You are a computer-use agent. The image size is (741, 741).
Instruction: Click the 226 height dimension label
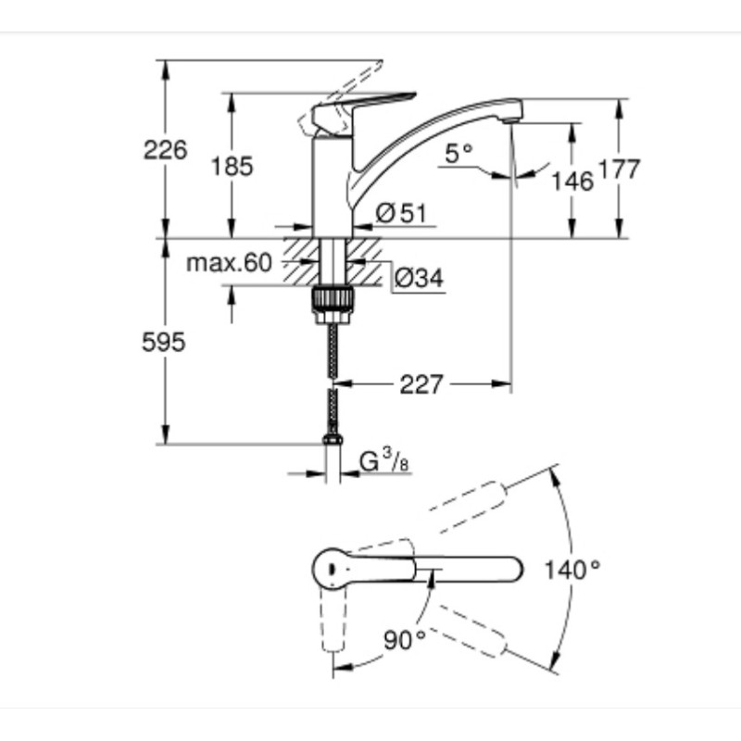pyautogui.click(x=165, y=149)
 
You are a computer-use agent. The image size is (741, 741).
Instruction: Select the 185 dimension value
pyautogui.click(x=232, y=167)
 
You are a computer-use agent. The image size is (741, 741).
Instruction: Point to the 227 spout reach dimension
pyautogui.click(x=421, y=383)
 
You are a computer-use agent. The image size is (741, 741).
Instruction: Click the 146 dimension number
pyautogui.click(x=572, y=181)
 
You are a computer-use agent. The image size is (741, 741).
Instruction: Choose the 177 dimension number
pyautogui.click(x=620, y=170)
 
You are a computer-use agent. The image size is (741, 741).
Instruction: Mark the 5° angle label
pyautogui.click(x=458, y=154)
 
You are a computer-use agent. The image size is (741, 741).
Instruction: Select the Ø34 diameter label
pyautogui.click(x=418, y=277)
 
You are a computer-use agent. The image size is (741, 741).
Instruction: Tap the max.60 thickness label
pyautogui.click(x=229, y=263)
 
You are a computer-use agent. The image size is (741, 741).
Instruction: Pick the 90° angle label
pyautogui.click(x=405, y=637)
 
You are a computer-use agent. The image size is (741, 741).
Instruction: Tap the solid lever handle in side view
pyautogui.click(x=361, y=109)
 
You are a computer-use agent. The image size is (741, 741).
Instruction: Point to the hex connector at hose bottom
pyautogui.click(x=333, y=443)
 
